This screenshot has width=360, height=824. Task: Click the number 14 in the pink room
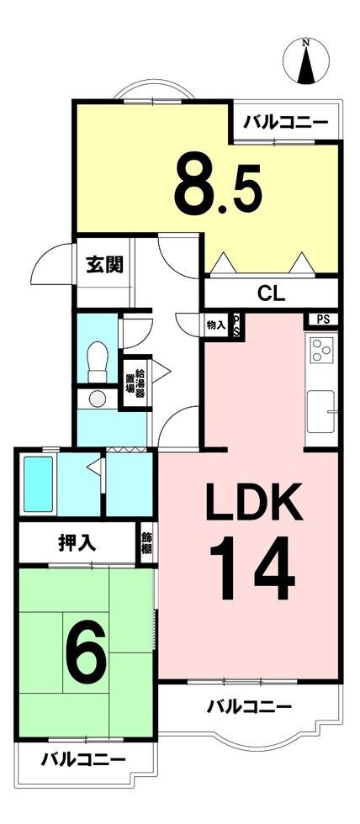pos(251,568)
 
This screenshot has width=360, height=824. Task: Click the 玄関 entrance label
pos(104,265)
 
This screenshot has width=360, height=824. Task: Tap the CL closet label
pos(271,293)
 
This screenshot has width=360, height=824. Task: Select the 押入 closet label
pos(77,543)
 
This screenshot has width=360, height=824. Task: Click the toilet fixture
pos(98,362)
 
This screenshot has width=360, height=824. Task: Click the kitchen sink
pos(320,411)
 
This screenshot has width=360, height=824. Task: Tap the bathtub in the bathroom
pos(39,484)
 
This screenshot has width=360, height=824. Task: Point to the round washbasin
pos(98,399)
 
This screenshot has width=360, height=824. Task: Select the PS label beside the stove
pos(323,320)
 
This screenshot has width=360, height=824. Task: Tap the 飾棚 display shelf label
pos(147,542)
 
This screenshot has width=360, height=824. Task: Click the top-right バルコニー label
pos(286,123)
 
